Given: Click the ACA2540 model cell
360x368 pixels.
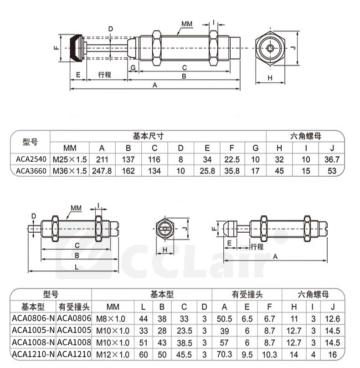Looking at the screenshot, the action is point(31,159).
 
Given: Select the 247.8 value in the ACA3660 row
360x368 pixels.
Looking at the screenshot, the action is point(102,171).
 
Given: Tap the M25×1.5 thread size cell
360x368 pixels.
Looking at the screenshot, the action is point(70,159).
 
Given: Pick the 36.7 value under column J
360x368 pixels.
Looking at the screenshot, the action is point(332,159).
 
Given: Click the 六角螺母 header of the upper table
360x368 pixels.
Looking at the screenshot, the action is point(305,136).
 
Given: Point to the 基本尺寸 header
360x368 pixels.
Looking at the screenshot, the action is point(148,136).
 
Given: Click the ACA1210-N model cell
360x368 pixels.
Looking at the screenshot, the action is point(33,354).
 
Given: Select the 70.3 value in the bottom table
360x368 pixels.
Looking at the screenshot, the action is point(224,354).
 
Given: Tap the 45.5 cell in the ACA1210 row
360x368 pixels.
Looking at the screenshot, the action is point(184,354).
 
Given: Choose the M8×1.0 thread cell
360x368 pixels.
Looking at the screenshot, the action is point(111,319).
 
